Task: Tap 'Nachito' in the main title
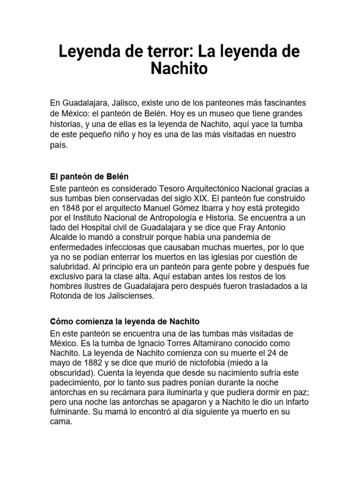(x=179, y=68)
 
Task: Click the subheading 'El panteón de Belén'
(x=89, y=177)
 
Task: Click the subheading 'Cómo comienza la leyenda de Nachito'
(x=125, y=322)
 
